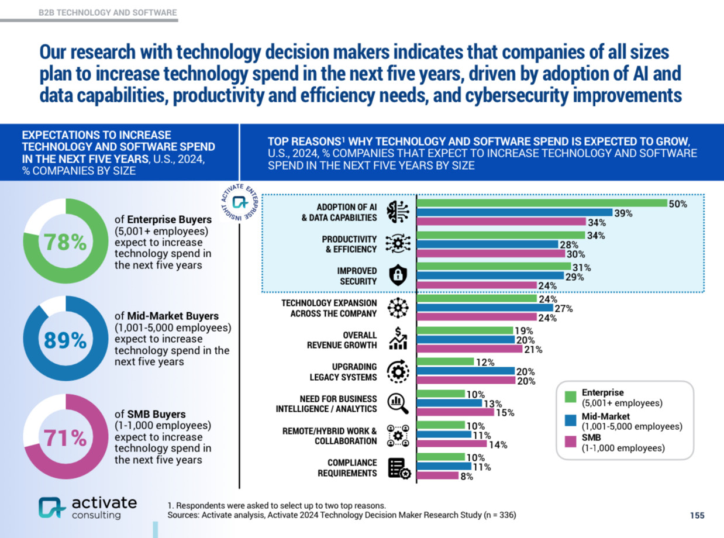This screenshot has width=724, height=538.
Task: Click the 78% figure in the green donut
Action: (65, 242)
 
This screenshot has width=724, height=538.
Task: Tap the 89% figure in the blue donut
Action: (65, 340)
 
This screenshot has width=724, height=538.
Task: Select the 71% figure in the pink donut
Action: (65, 437)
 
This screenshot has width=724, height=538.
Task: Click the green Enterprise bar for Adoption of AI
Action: (542, 204)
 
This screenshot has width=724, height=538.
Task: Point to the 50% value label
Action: (678, 204)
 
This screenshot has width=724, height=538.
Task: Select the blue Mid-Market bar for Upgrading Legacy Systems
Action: (466, 371)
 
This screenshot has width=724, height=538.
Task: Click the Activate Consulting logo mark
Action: (52, 507)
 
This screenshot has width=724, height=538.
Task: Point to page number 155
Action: (697, 515)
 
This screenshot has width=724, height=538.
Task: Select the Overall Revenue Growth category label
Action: (342, 340)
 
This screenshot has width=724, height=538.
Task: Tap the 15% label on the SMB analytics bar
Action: (505, 413)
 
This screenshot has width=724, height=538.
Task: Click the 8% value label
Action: (466, 477)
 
